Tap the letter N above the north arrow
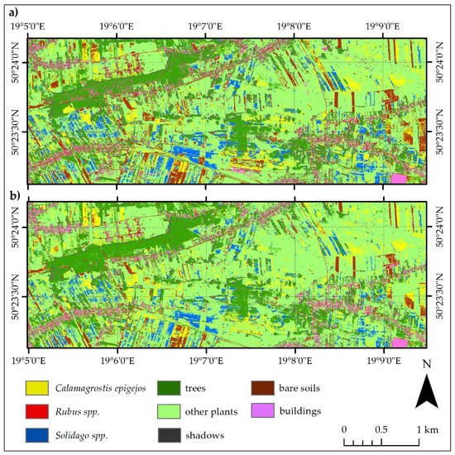click(x=425, y=365)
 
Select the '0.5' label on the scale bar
click(x=381, y=429)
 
